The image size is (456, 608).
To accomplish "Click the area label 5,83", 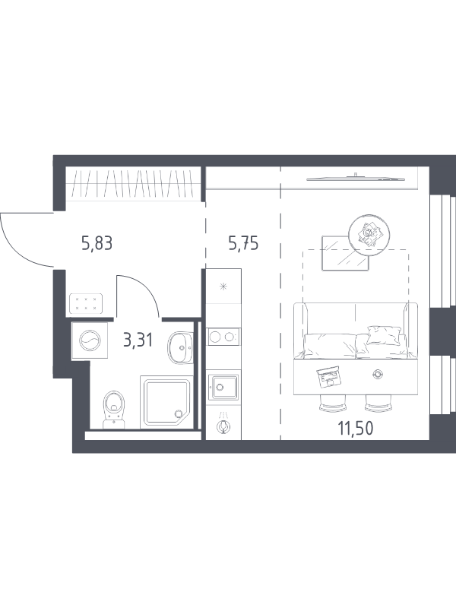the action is coord(97,243).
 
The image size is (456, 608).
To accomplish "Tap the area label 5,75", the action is coord(243,243).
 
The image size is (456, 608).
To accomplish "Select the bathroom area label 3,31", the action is coord(138,340).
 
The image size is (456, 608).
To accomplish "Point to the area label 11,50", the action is coord(356,429).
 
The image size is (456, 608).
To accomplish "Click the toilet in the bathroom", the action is coord(113,410).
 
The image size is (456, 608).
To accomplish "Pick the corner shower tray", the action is coord(166,402).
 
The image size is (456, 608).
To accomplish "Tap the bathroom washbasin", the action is coord(180,347).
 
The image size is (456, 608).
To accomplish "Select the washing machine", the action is coord(90,340).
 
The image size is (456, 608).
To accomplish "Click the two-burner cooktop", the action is coord(223,337).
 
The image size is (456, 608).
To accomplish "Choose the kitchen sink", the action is coord(223,387).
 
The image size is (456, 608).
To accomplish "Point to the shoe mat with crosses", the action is coord(86,303).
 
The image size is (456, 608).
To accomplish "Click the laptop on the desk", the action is coord(329,376).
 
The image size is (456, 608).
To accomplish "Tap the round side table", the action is coord(369,234).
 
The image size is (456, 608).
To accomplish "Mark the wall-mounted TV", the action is coord(356,179).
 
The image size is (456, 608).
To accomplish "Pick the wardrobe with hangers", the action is coord(133,183).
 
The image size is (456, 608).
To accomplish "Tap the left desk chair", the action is coord(333,404).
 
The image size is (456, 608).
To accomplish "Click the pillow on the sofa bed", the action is coord(384,335).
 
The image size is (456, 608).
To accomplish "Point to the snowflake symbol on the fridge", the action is coord(223,287).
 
